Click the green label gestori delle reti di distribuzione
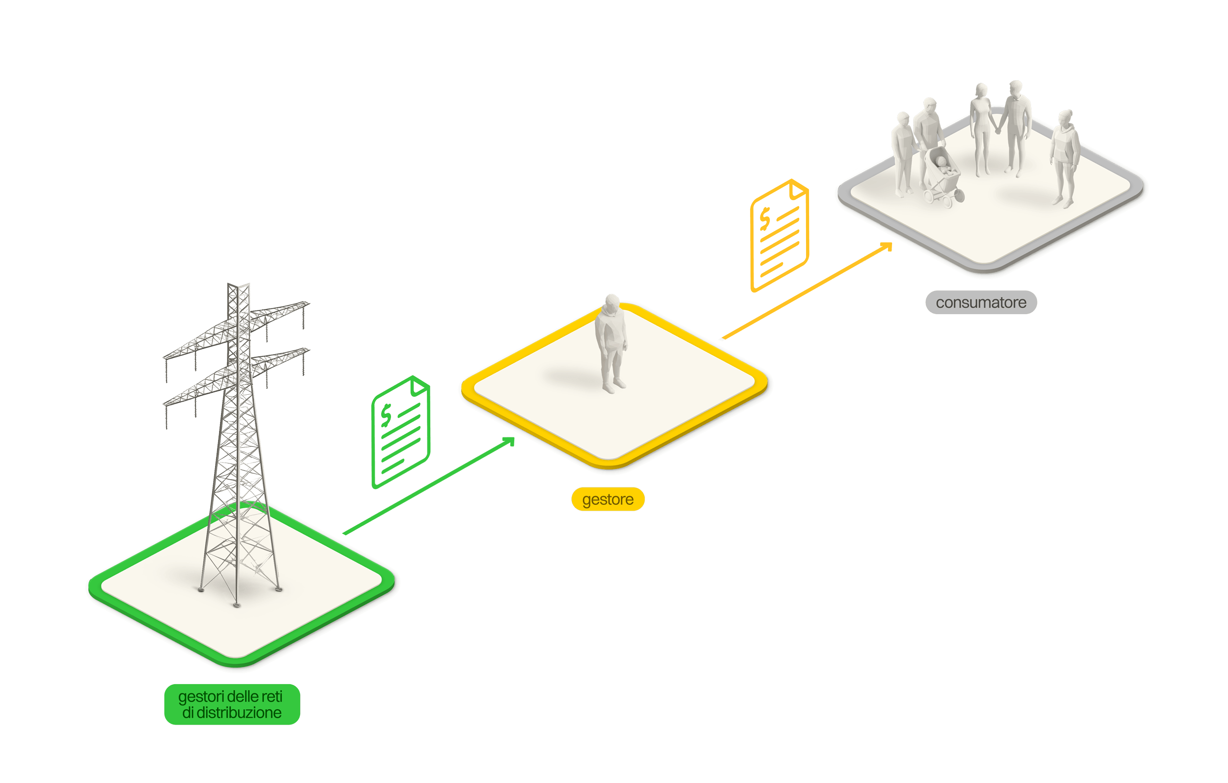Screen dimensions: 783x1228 232,704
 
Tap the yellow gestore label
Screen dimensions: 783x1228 608,499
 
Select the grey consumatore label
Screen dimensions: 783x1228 980,302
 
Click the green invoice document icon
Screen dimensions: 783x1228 401,433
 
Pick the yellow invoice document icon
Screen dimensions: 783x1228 779,236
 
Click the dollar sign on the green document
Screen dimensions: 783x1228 386,416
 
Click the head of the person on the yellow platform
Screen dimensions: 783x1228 612,302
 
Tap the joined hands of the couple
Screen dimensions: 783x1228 998,131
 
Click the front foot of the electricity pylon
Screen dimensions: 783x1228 236,606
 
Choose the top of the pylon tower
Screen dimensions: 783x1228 239,284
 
